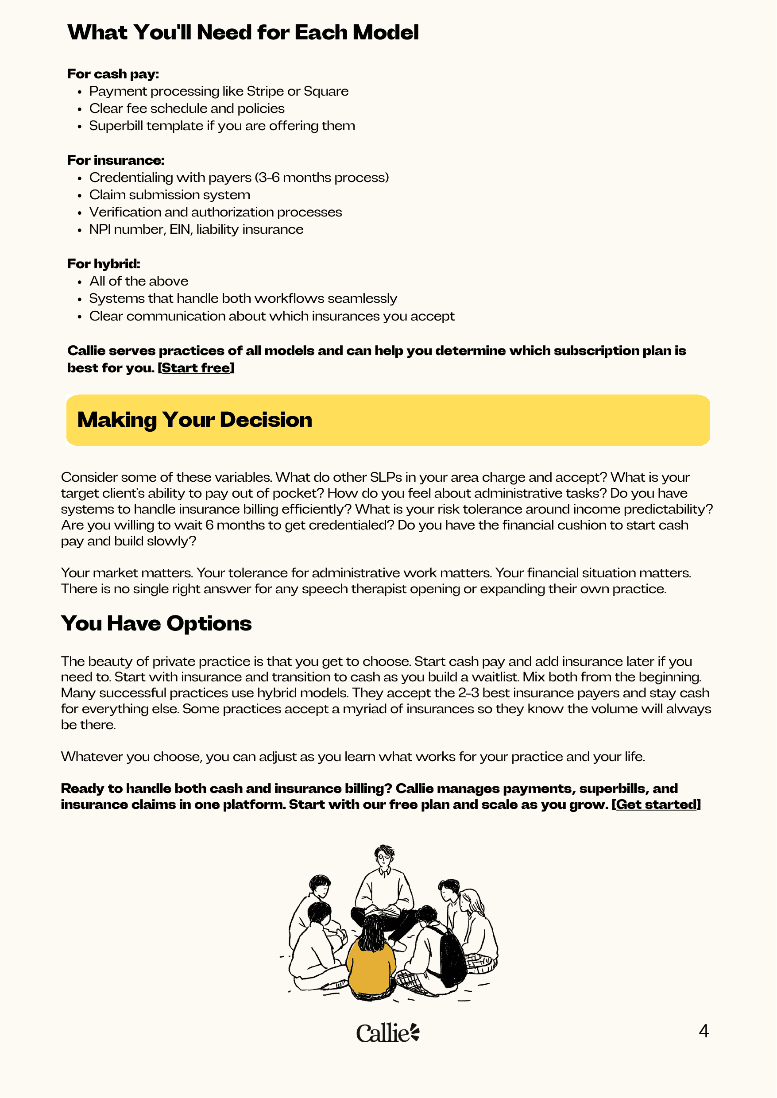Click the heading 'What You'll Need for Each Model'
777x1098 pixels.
pyautogui.click(x=243, y=32)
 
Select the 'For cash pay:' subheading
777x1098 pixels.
pyautogui.click(x=113, y=73)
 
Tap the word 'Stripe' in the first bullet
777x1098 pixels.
pyautogui.click(x=265, y=91)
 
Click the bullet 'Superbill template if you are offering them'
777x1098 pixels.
pyautogui.click(x=221, y=126)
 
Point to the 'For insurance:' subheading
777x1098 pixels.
pyautogui.click(x=116, y=160)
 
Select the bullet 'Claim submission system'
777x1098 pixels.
pyautogui.click(x=170, y=195)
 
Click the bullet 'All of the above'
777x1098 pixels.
pyautogui.click(x=138, y=281)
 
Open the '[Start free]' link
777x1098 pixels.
pyautogui.click(x=196, y=368)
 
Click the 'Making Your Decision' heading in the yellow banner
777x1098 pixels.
pyautogui.click(x=194, y=420)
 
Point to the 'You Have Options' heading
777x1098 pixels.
pyautogui.click(x=156, y=623)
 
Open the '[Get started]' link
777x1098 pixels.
pyautogui.click(x=656, y=804)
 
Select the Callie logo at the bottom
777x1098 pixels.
pyautogui.click(x=387, y=1032)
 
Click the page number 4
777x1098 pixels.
pyautogui.click(x=704, y=1031)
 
